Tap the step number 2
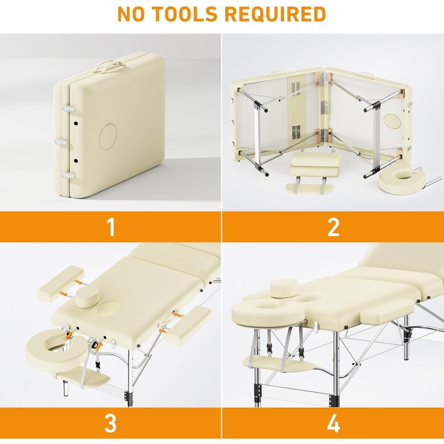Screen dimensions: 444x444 coord(333,226)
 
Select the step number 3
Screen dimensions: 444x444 coord(111,423)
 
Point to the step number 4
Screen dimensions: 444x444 coord(333,423)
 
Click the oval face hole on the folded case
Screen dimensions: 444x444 coord(107,136)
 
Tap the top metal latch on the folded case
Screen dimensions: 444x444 coord(68,108)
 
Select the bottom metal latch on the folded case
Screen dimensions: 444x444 coord(67,175)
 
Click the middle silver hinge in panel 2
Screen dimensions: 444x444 coord(324,107)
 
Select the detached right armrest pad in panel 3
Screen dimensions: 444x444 coord(188,324)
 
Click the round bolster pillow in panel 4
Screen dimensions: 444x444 coord(284,288)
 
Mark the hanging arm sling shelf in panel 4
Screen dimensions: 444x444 coord(279,365)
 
